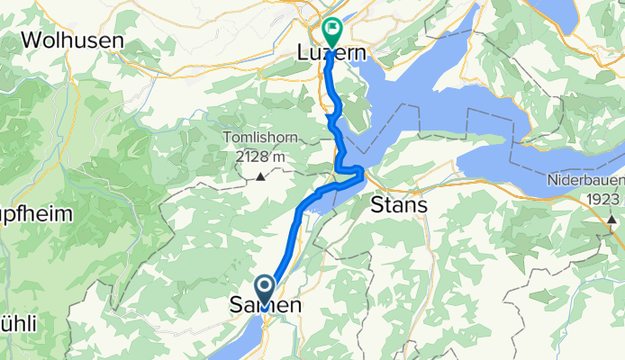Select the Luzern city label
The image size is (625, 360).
coord(331,54)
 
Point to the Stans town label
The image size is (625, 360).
coord(399,205)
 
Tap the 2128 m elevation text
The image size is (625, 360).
coord(261,156)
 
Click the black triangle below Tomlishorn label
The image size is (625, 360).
coord(261,175)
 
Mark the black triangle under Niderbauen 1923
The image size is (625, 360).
coord(612,218)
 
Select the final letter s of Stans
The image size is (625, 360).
coord(421,205)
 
